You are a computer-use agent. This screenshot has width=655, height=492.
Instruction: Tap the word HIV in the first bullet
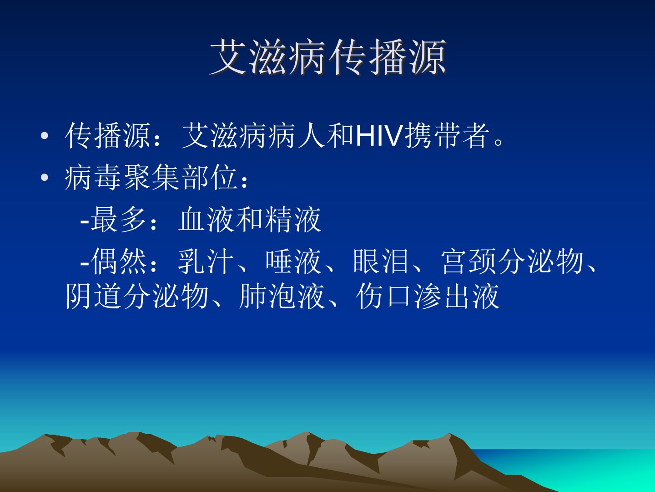(379, 136)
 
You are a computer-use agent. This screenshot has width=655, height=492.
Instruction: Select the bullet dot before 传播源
(45, 136)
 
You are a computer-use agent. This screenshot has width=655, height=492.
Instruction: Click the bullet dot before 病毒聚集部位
(45, 178)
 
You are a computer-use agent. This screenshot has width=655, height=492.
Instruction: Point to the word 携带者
(447, 136)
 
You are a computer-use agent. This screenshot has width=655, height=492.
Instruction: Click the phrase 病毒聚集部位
(151, 178)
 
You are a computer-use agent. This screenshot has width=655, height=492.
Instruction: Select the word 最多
(118, 220)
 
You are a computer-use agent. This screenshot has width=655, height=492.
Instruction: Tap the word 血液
(206, 220)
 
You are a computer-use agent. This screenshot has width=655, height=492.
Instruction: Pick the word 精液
(293, 220)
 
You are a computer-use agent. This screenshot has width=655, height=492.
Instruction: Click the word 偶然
(118, 261)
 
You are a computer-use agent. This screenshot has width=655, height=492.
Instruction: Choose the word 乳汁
(206, 261)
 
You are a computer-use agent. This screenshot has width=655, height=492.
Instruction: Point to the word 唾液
(293, 261)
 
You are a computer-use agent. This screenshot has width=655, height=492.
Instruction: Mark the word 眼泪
(380, 261)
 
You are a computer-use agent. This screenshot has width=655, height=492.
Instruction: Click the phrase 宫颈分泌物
(512, 261)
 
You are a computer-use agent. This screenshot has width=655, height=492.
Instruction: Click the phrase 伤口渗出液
(428, 296)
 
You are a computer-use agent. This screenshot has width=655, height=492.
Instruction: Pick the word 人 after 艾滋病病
(312, 136)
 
